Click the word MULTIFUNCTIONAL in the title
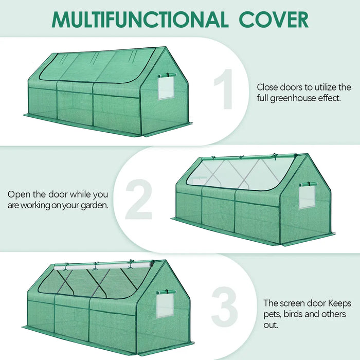point(139,19)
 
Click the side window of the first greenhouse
point(166,87)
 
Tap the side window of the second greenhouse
point(307,196)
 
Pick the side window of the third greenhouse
point(165,305)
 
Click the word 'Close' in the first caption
point(267,87)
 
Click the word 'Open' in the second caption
point(19,194)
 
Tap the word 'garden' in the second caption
point(92,205)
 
